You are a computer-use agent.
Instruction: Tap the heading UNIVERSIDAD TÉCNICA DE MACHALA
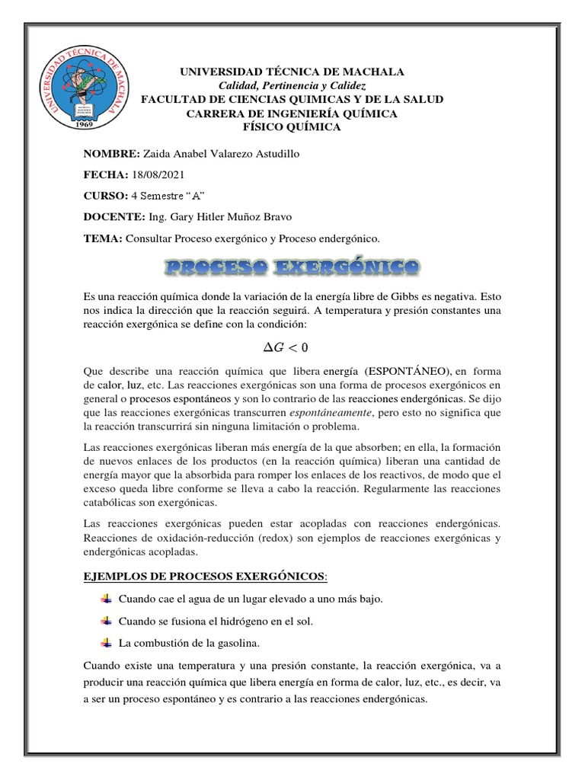pos(292,72)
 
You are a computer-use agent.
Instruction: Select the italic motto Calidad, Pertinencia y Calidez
pos(292,85)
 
